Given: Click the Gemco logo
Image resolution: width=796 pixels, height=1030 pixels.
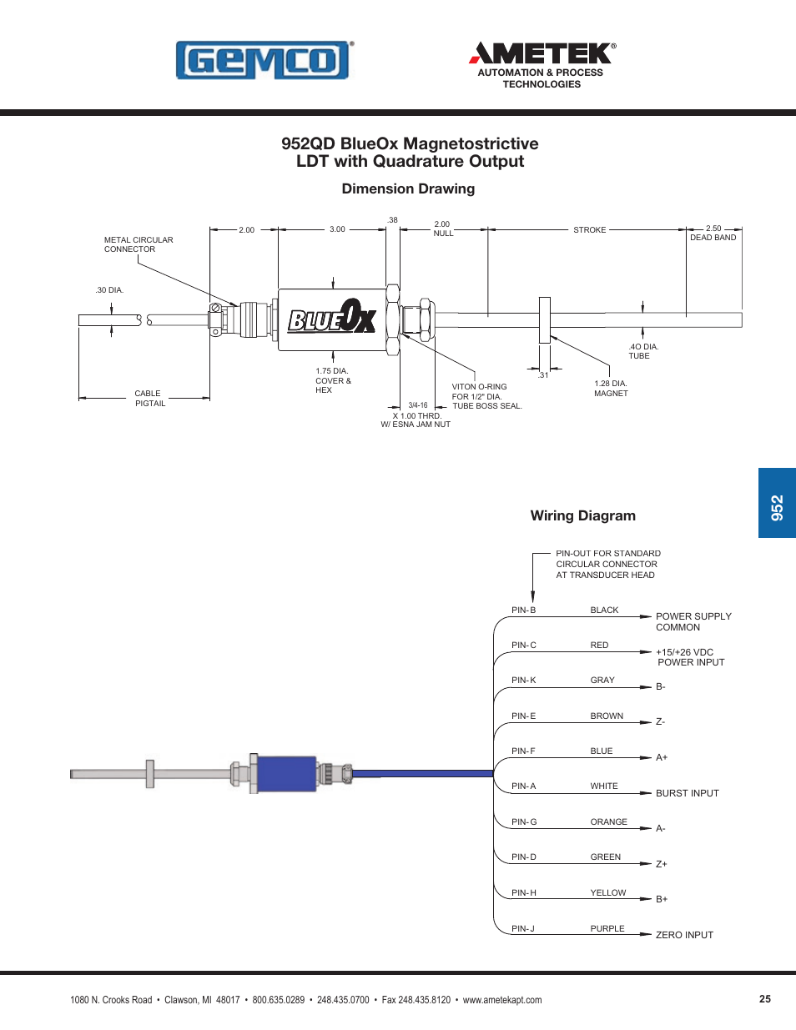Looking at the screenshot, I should (264, 60).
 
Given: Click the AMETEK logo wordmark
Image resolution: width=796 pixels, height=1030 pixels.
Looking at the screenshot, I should (542, 54).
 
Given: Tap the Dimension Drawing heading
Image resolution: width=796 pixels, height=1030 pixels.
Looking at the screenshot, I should (408, 189).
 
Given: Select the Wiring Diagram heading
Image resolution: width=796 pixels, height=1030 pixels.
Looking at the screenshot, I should (582, 516).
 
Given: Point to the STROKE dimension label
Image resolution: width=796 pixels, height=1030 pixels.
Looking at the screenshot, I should (589, 230).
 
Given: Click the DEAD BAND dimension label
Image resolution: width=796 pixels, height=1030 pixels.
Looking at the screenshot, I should (713, 238).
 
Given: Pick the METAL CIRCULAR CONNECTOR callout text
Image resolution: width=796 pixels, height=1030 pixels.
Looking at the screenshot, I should (139, 244).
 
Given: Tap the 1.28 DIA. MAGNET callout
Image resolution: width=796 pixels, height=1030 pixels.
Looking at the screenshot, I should (611, 389).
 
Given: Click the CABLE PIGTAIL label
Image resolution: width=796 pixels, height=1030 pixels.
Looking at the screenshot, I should (149, 399).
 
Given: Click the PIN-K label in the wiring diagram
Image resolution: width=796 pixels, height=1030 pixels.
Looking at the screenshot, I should (524, 681).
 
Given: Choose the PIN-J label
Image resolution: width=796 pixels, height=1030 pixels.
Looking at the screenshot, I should (523, 928).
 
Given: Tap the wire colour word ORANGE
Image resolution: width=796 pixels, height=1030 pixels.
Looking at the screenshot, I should (608, 822).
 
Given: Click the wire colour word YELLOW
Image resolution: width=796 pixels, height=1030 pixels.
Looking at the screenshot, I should (607, 893).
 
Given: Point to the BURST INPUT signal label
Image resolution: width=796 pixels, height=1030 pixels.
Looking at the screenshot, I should (687, 793).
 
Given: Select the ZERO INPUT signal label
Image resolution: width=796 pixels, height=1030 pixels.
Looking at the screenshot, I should (684, 935).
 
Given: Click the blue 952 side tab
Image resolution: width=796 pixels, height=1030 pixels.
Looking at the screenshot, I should (777, 503).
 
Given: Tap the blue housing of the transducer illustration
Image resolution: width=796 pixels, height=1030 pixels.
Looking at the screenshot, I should (286, 773).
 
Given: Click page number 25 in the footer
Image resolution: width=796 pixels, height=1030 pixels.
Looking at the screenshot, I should (764, 999).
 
